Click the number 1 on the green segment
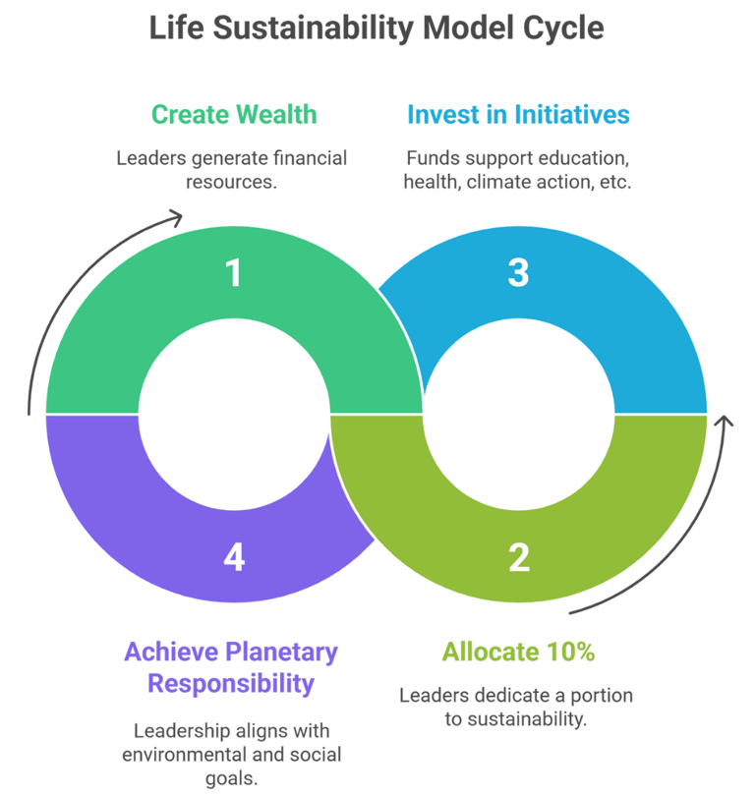coord(233,272)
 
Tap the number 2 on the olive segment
coord(519,556)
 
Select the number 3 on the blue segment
coord(518,272)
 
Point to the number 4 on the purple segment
coord(233,556)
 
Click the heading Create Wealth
coord(234,114)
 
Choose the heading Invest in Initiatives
coord(518,114)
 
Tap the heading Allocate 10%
coord(518,651)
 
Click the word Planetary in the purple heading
coord(281,651)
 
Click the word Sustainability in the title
coord(316,28)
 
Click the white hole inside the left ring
coord(233,414)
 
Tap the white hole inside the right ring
coord(518,414)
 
